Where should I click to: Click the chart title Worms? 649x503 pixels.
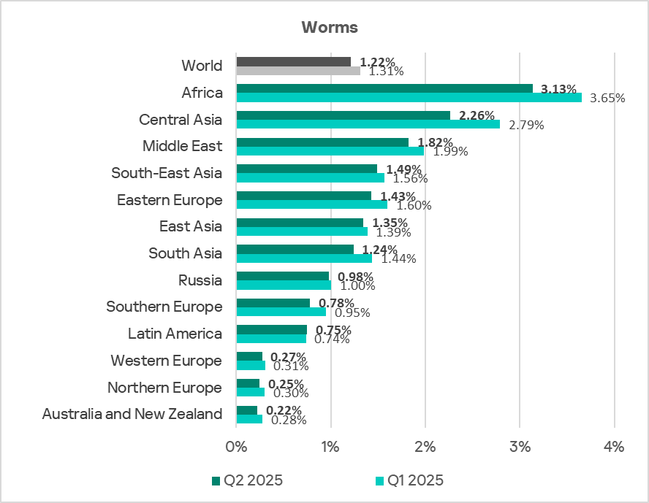[330, 28]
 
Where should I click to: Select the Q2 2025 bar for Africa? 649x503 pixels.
[384, 88]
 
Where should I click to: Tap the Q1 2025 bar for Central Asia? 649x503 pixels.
[368, 124]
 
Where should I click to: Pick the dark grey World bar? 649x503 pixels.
[293, 61]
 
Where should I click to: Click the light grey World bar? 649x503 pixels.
[298, 71]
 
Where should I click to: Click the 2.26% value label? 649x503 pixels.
[477, 115]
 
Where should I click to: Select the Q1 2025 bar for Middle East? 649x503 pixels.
[330, 151]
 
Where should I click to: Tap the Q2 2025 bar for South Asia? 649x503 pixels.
[295, 249]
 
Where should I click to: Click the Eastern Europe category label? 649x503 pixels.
[170, 199]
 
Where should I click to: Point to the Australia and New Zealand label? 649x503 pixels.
[132, 414]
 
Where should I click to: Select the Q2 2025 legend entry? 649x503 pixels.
[247, 480]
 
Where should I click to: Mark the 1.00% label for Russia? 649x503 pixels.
[357, 286]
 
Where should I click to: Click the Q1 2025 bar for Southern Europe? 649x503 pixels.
[281, 312]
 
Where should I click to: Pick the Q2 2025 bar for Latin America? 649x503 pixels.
[271, 329]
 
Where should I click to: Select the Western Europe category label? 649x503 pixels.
[166, 361]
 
